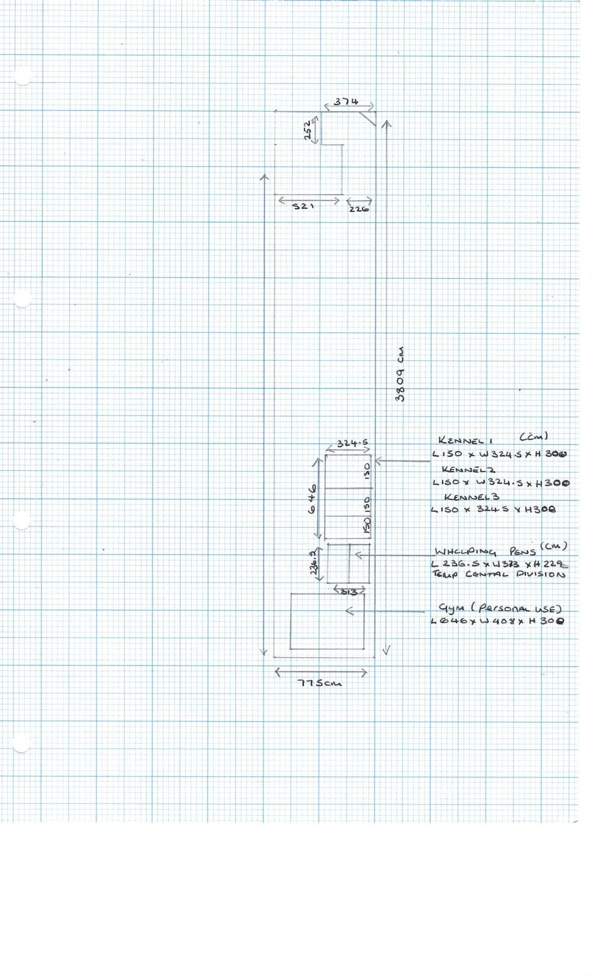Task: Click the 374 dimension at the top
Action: [346, 102]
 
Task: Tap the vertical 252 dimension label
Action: [309, 129]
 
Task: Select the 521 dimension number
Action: [303, 207]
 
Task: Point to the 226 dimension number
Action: [359, 209]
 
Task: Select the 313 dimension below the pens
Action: [349, 592]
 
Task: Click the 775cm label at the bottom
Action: [319, 683]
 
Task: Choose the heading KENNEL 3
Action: [472, 497]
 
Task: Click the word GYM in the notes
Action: [451, 608]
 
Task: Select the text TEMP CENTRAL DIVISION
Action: [499, 575]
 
